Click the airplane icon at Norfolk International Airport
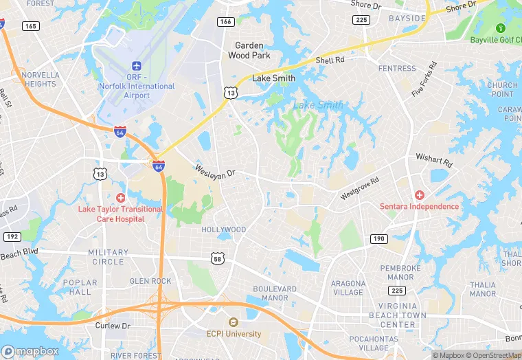136,65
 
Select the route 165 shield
30,26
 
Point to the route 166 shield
225,22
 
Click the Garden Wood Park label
249,50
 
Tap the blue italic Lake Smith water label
318,105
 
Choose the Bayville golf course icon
501,28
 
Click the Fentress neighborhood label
397,69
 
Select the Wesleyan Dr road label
214,169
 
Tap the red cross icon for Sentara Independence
419,196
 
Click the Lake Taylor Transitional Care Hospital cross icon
121,198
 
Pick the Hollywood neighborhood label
223,229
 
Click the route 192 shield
11,236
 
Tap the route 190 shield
378,238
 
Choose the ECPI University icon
233,322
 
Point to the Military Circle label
108,257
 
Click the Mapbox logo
30,351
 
